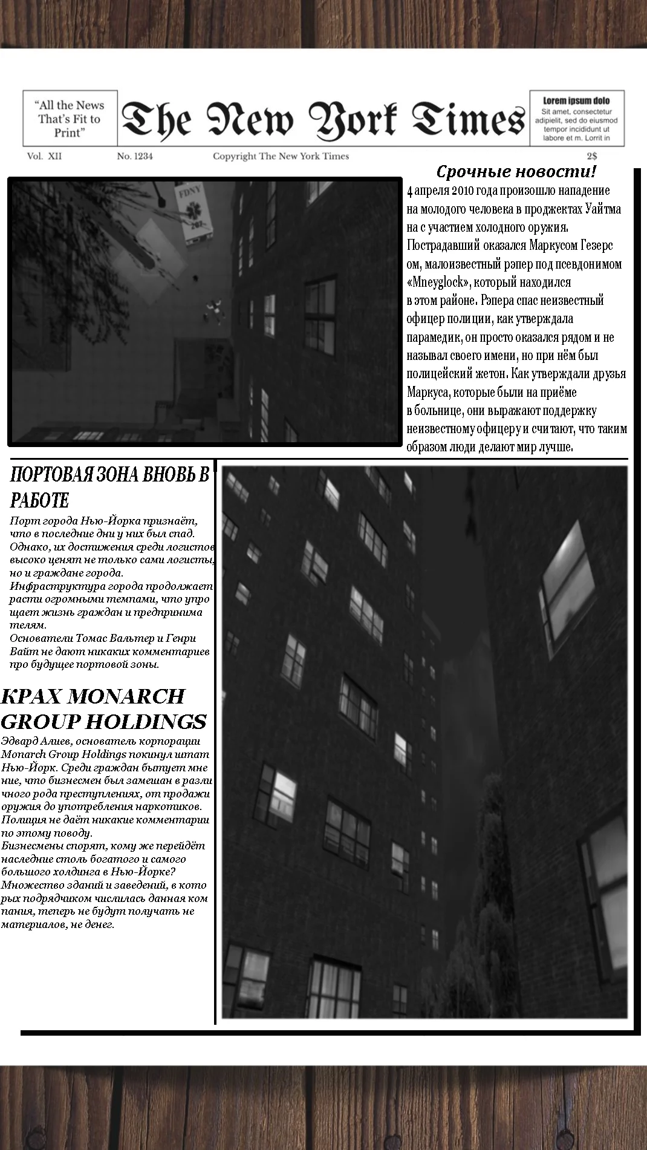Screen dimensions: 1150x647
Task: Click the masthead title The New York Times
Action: click(322, 119)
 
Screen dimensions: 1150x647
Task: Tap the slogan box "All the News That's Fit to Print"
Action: click(70, 119)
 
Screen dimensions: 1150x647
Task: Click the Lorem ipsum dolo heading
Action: click(576, 100)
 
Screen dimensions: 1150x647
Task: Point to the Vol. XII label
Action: click(44, 156)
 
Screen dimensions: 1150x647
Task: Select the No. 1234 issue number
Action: click(135, 156)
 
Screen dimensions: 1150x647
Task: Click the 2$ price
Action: click(592, 156)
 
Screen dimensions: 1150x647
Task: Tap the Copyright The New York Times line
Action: click(281, 156)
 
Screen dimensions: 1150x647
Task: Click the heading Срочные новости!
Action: click(516, 172)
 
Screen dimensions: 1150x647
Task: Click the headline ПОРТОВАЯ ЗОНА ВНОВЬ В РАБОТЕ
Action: click(109, 487)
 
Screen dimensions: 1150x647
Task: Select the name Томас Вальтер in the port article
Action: click(115, 638)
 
